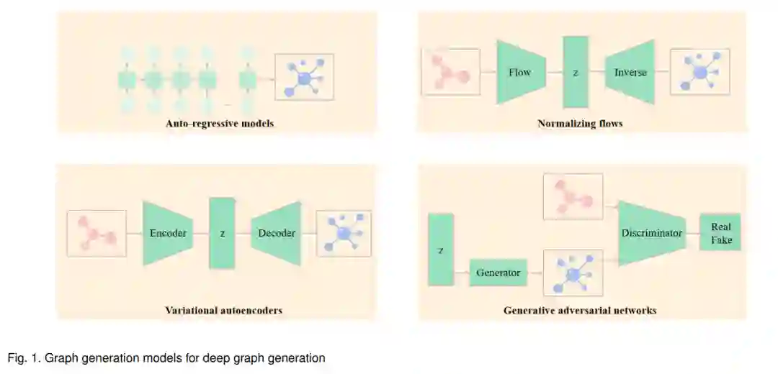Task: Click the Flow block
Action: point(519,72)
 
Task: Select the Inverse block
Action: point(630,72)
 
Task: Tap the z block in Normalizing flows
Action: point(576,72)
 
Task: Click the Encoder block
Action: point(168,233)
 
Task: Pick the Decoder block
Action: point(277,233)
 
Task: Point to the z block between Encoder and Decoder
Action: point(223,233)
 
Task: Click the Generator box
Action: point(498,273)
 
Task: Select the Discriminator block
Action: point(650,233)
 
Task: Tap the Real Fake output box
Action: point(720,233)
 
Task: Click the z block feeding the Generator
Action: point(440,250)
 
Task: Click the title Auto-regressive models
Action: point(220,124)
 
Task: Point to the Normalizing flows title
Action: point(580,124)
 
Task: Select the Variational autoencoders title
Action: point(223,311)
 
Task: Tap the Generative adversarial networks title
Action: point(580,311)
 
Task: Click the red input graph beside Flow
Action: point(450,72)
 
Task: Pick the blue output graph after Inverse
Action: point(699,72)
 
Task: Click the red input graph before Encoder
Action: point(97,233)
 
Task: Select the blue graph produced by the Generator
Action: point(573,273)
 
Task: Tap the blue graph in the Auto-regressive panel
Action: point(304,76)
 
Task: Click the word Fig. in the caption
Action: point(17,357)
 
